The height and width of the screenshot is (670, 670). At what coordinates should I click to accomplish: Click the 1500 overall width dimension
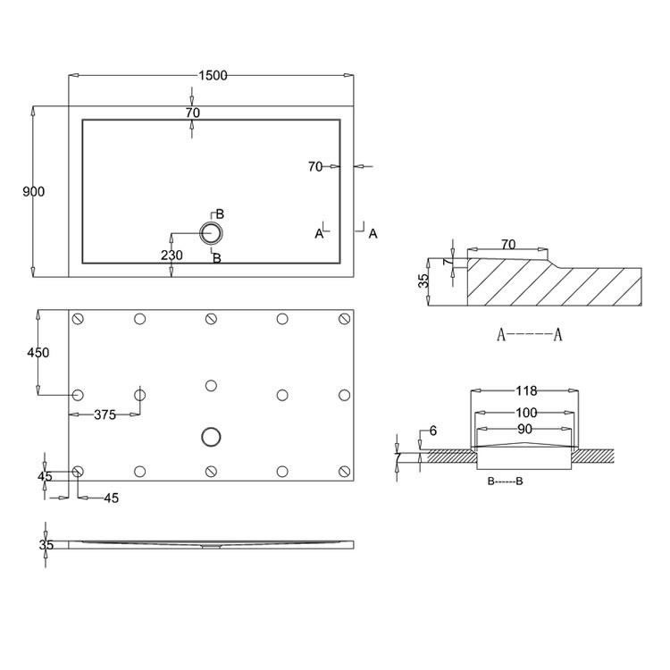point(211,76)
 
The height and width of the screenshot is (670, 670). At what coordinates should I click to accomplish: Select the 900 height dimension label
point(33,192)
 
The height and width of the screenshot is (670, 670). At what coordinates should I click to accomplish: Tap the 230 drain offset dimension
point(172,255)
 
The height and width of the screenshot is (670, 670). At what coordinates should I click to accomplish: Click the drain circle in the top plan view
point(211,234)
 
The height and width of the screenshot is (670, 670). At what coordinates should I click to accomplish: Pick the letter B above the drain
point(219,214)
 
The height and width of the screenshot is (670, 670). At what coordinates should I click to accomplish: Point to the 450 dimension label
point(38,353)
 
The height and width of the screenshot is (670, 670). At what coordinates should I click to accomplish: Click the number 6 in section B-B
point(432,431)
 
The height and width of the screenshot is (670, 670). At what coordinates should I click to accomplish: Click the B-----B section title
point(505,482)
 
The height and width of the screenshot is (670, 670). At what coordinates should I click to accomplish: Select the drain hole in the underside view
point(211,436)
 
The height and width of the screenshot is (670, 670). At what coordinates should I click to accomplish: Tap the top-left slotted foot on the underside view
point(78,319)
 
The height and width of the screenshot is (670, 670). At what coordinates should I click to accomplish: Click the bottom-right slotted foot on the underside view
point(342,471)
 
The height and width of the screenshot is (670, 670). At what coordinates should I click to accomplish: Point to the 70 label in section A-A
point(508,243)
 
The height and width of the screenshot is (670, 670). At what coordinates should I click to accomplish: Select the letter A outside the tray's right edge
point(373,233)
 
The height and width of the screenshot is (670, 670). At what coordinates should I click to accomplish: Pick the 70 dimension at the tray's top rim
point(192,113)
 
